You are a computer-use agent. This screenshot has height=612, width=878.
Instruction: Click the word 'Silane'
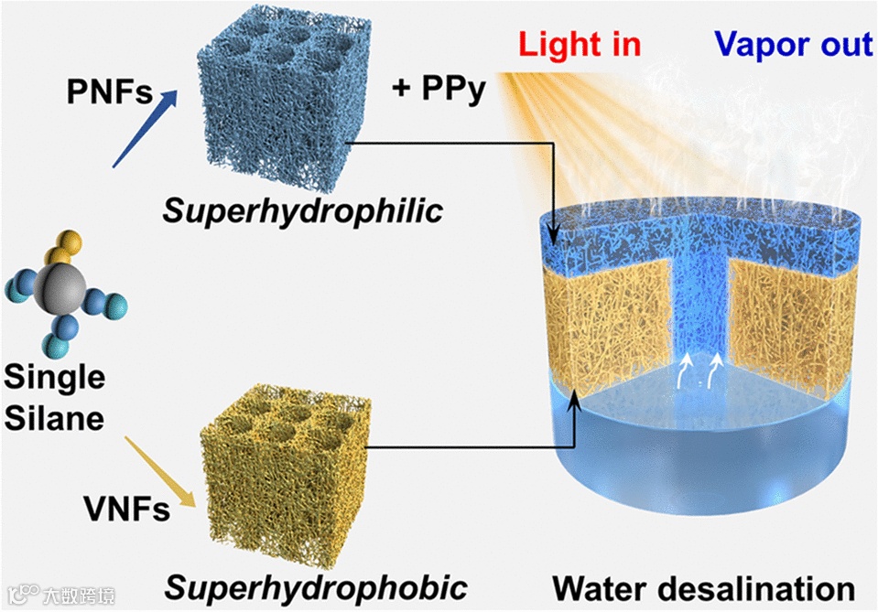coord(56,419)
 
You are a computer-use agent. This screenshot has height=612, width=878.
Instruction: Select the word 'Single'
coord(55,377)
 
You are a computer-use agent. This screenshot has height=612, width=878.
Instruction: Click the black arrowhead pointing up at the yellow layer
coord(575,402)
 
